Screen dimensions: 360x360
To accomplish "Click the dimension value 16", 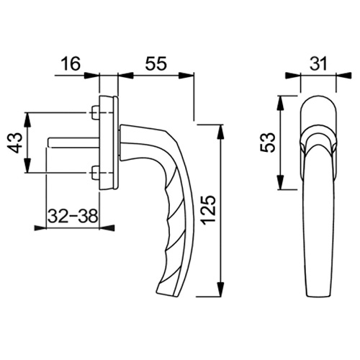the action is [x=71, y=64].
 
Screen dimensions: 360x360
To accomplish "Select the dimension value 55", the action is [x=156, y=64].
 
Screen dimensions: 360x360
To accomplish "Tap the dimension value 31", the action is [x=318, y=64].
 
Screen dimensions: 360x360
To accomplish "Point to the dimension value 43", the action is [x=15, y=143].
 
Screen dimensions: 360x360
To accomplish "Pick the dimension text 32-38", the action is [x=73, y=215].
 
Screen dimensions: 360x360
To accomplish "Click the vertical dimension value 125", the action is [x=208, y=210].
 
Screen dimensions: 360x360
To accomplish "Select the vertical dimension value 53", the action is [x=267, y=143].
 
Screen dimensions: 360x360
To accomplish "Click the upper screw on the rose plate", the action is [x=96, y=112].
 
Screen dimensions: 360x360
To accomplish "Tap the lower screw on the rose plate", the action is [x=96, y=173].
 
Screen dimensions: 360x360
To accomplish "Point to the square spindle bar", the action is [x=73, y=143].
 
